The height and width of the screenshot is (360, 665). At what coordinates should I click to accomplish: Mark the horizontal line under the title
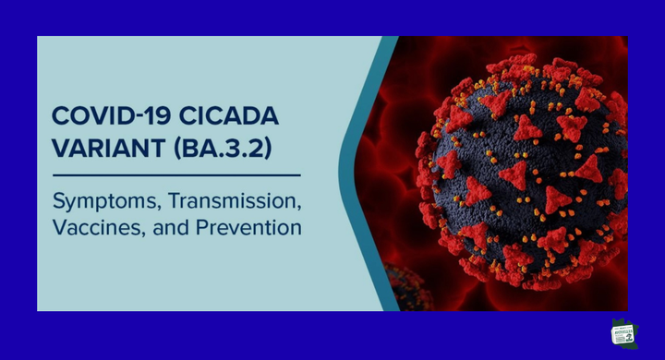pyautogui.click(x=175, y=174)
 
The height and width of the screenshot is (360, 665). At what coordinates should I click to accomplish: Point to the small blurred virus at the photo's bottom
pyautogui.click(x=402, y=286)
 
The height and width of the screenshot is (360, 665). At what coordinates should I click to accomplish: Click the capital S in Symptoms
pyautogui.click(x=59, y=198)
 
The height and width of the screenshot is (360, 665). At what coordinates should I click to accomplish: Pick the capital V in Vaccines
pyautogui.click(x=58, y=226)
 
